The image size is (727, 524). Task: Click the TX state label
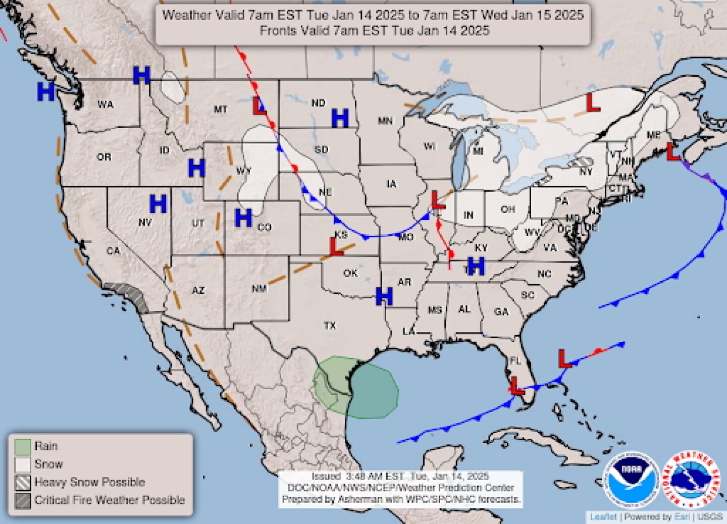tap(330, 326)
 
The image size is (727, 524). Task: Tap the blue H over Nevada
tap(158, 204)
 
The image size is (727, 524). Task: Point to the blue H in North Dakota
tap(340, 119)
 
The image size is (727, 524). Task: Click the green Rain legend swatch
tap(23, 447)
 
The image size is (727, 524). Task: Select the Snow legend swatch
tap(23, 464)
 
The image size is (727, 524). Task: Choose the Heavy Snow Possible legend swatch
tap(23, 483)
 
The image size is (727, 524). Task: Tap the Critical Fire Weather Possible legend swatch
tap(23, 501)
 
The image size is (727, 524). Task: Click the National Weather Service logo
tap(691, 480)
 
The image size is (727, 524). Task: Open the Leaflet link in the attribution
tap(603, 517)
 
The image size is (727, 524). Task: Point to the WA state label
tap(106, 104)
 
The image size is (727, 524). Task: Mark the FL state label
tap(514, 361)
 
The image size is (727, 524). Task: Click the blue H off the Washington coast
tap(46, 92)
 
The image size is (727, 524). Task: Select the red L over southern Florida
tap(515, 386)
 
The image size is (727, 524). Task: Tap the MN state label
tap(385, 121)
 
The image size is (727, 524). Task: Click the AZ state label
tap(198, 290)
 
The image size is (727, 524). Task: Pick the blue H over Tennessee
tap(476, 266)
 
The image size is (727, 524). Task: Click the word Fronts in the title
tap(278, 31)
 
